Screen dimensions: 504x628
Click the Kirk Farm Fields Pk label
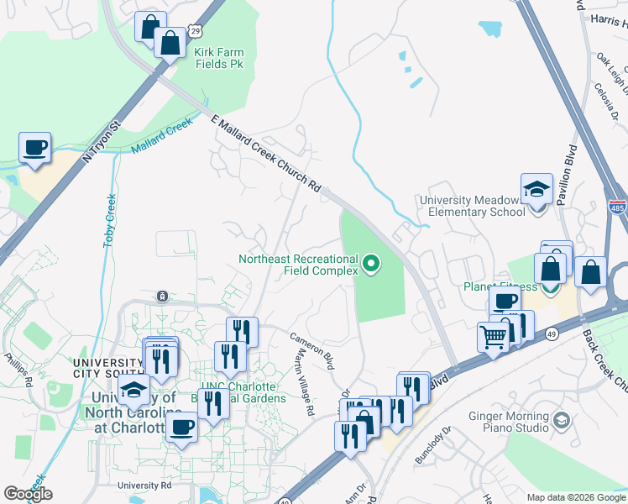tap(218, 57)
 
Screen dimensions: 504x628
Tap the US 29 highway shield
tap(195, 30)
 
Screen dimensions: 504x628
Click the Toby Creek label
tap(110, 221)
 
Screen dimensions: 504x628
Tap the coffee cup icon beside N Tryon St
tap(35, 149)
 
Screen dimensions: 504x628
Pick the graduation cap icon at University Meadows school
tap(536, 191)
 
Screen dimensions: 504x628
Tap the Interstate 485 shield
tap(617, 206)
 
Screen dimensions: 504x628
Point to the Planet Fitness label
tap(500, 286)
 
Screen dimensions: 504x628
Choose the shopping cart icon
tap(494, 337)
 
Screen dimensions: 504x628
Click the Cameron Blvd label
tap(312, 350)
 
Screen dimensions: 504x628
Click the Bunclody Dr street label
tap(433, 446)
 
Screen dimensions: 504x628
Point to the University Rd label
tap(144, 486)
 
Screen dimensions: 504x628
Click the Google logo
tap(28, 494)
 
